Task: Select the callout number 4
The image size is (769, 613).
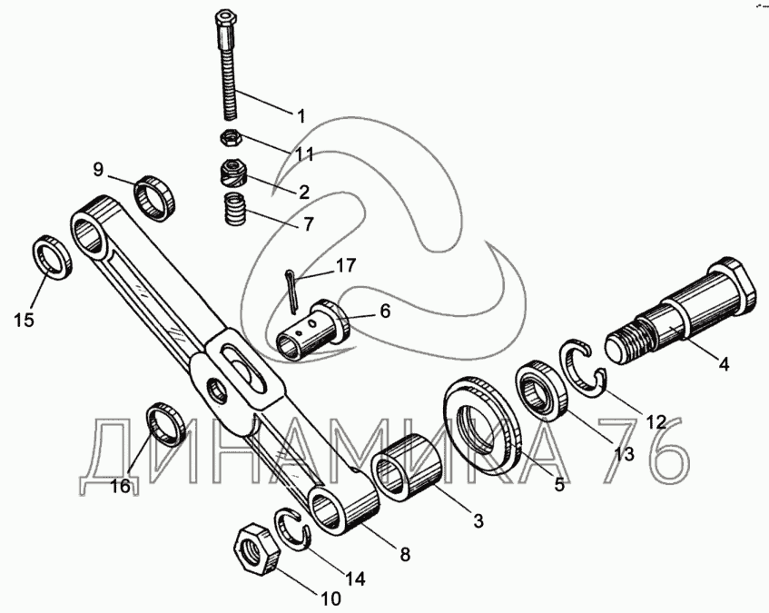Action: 724,365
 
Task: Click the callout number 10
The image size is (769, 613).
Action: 329,598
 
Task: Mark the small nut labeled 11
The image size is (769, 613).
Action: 231,139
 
